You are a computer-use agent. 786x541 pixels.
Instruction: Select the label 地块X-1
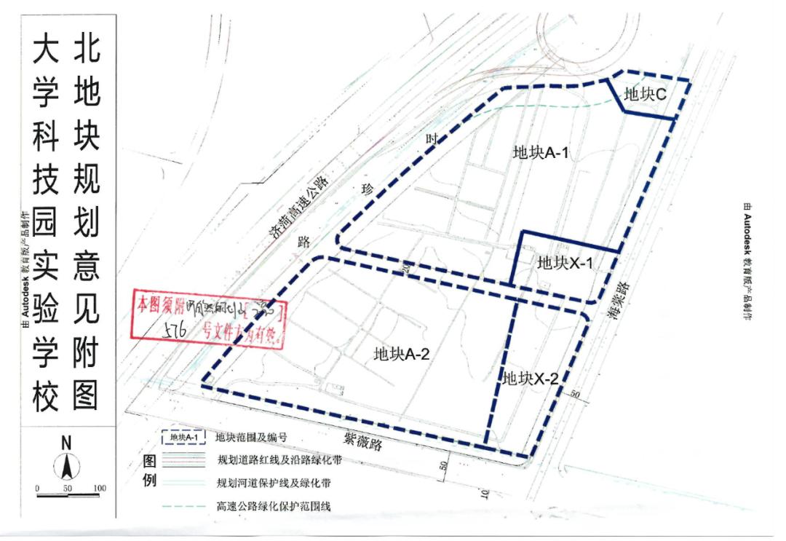[565, 263]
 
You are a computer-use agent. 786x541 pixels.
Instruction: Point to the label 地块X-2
[531, 379]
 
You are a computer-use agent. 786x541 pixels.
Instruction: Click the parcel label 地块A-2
[402, 355]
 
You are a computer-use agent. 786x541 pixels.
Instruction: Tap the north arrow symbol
[66, 465]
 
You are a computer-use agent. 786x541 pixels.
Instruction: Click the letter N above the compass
[66, 442]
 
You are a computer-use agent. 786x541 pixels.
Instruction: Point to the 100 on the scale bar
[100, 488]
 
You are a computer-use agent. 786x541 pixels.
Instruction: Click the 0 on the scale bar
[37, 488]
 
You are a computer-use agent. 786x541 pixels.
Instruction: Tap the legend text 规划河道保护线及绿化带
[279, 483]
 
